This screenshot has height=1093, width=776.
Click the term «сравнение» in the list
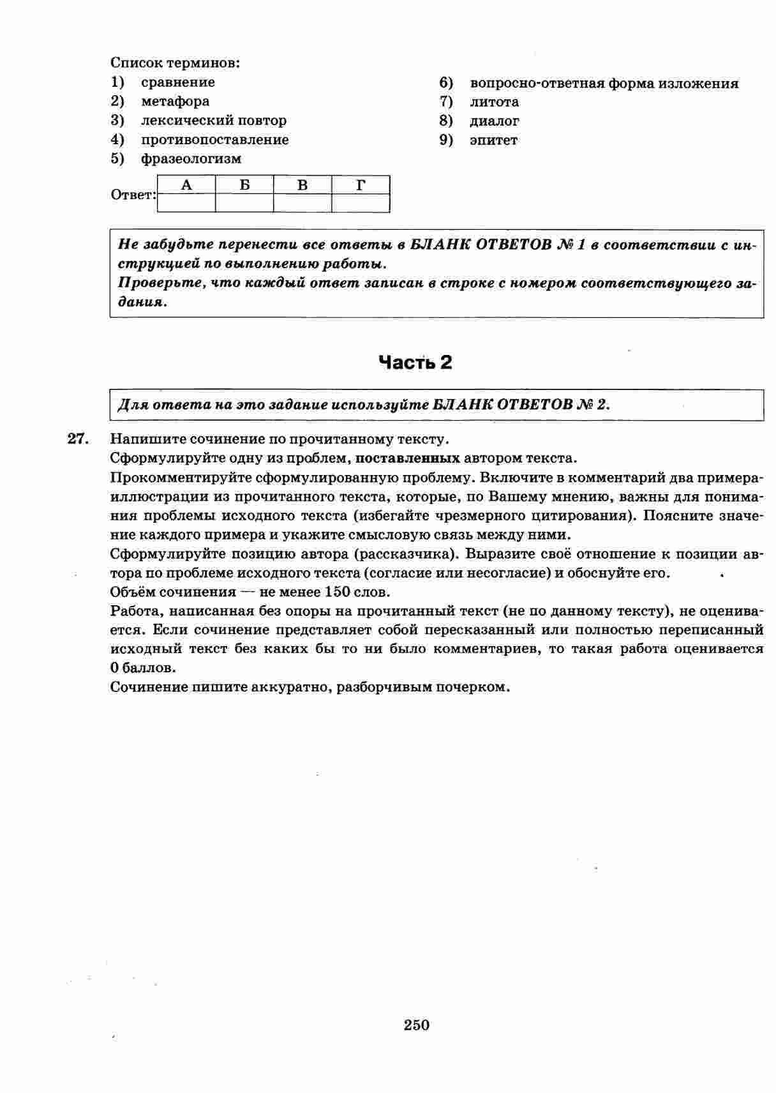tap(178, 82)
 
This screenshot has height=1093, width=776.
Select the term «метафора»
tap(175, 102)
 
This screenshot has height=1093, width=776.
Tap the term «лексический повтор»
tap(214, 121)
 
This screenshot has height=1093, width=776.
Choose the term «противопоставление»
tap(215, 140)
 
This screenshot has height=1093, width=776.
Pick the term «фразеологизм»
tap(191, 159)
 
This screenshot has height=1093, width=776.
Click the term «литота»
tap(495, 102)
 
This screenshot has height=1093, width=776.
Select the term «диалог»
tap(495, 121)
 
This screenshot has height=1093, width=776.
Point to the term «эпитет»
tap(494, 140)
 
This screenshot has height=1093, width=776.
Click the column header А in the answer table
tap(186, 185)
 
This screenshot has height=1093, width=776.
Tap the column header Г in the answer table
tap(361, 185)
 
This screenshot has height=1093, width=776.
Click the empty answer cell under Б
tap(244, 203)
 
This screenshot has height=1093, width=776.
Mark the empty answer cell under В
tap(302, 203)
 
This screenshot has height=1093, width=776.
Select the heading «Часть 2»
tap(415, 363)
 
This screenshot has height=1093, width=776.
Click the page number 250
tap(417, 1025)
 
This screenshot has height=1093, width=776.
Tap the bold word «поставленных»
tap(408, 458)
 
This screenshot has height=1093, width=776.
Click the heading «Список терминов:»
tap(175, 63)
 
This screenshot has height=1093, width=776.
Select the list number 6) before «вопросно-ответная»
tap(446, 83)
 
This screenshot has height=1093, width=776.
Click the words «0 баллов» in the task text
tap(142, 668)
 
